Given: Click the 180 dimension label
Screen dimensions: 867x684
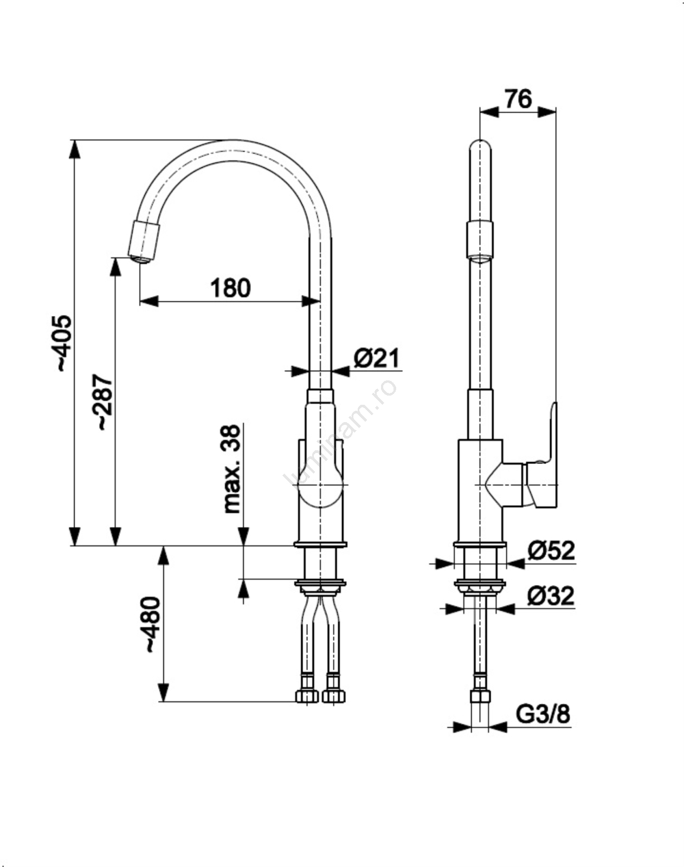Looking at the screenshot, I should pos(230,288).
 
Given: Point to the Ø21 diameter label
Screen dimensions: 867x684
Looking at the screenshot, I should pos(377,358).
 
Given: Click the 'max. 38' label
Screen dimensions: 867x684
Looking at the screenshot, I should pos(231,469).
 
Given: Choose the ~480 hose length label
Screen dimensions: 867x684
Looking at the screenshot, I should pos(151,624).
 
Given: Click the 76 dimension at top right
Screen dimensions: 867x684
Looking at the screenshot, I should pos(518,99).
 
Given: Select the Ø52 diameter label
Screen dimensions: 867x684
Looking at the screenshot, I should pos(551,551).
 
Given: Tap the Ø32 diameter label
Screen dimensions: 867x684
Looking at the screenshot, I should pos(551,596).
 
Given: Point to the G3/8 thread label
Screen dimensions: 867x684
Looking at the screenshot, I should pos(543,714).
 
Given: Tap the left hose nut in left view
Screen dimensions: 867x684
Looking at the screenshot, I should pos(307,696).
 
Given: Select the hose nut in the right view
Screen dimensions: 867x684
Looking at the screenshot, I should pos(480,696).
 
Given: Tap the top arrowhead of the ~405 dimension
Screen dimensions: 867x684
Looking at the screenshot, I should pos(75,148).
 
